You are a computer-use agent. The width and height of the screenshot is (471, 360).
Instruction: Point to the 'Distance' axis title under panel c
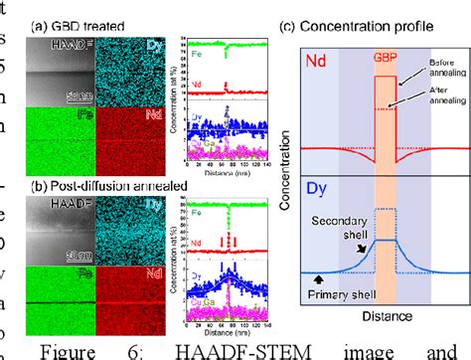pos(384,318)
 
